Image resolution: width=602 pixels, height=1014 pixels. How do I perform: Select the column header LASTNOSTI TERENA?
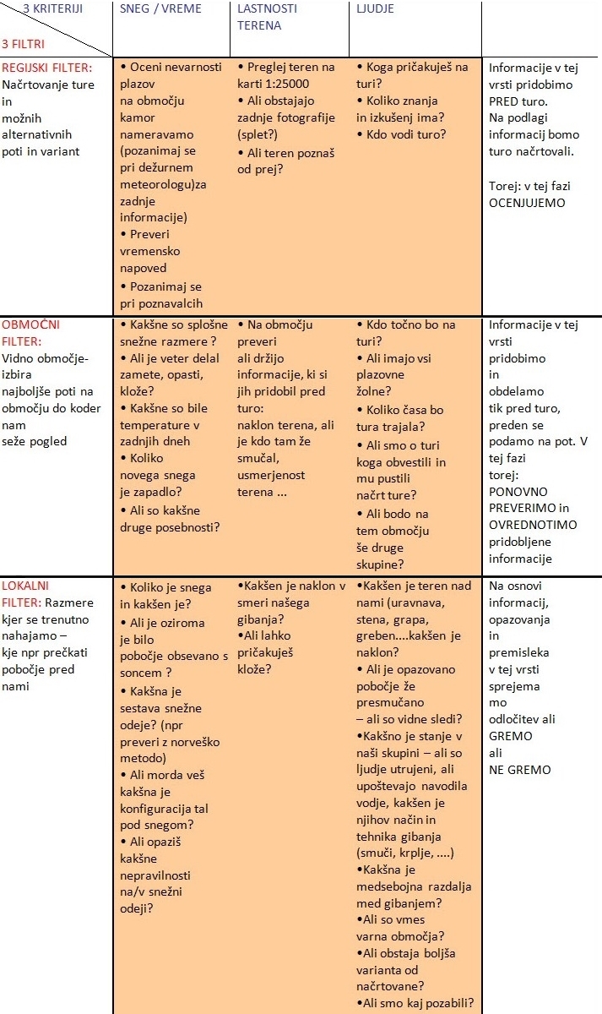259,17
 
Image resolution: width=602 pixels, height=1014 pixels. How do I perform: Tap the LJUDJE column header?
375,9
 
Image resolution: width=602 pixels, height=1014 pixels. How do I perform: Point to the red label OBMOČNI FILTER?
31,333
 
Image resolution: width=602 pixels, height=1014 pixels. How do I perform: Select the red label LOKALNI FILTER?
26,594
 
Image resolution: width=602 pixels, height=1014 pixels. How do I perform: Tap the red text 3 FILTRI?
24,43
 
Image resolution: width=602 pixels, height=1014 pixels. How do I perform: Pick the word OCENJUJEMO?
528,203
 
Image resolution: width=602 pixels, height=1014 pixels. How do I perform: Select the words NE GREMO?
519,770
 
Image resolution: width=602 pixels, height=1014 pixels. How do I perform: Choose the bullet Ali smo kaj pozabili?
417,1003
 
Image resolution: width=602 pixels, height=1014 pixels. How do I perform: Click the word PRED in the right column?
504,101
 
